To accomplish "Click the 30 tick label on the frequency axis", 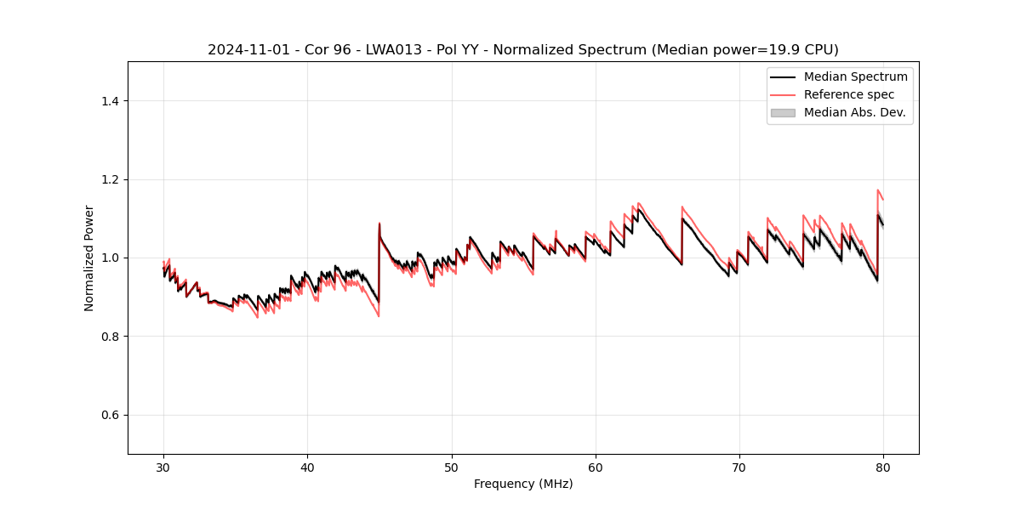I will pos(163,467).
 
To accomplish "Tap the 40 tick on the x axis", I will pos(307,467).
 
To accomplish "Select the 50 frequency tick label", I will pos(451,467).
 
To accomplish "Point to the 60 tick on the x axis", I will pos(596,467).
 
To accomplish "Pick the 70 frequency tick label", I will pos(739,467).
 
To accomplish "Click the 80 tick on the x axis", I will pos(883,467).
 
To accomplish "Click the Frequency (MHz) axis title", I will pos(523,484).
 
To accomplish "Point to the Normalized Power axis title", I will pos(89,258).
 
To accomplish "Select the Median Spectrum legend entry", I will pos(855,76).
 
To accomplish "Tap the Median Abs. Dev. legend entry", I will pos(854,112).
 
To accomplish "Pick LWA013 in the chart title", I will pos(397,50).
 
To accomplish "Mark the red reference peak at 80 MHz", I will pos(878,190).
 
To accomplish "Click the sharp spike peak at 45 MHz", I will pos(379,224).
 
